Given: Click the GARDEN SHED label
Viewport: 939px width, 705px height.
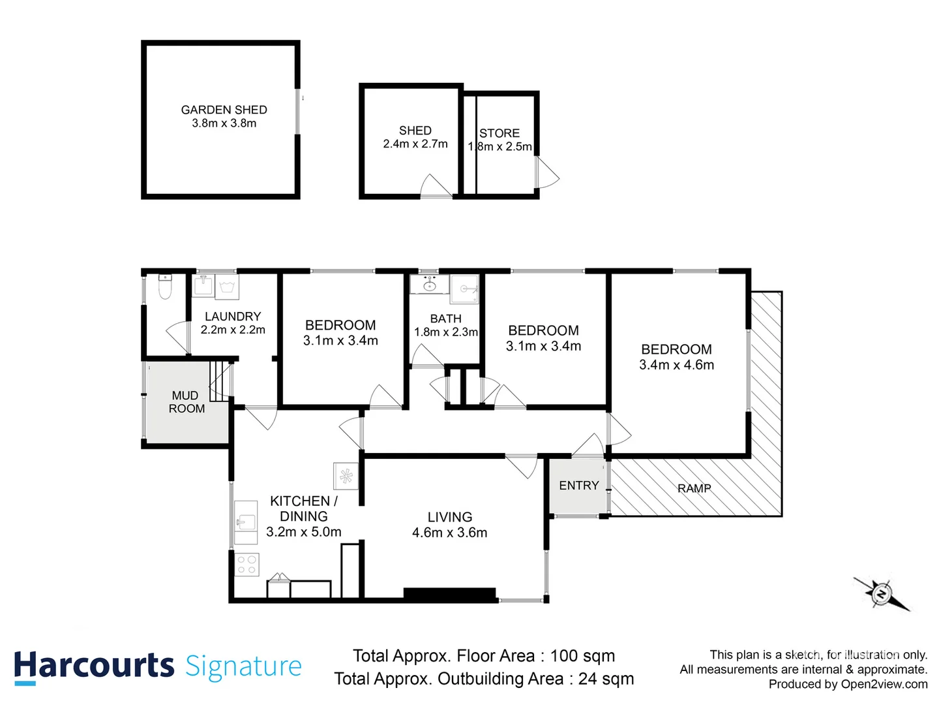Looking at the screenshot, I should click(224, 110).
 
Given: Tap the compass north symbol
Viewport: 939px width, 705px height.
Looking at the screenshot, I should click(881, 594).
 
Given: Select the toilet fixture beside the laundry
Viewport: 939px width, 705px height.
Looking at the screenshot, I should click(165, 287).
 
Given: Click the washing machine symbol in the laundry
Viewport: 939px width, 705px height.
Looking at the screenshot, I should click(227, 287).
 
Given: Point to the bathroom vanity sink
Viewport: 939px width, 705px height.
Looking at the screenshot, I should click(429, 285).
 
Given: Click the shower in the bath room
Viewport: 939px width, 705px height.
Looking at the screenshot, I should click(466, 289).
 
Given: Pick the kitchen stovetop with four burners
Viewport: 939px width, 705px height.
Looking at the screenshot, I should click(246, 565).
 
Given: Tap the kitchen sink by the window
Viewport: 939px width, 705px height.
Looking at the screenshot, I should click(246, 522).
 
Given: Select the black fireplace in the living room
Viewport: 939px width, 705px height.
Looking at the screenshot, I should click(449, 594).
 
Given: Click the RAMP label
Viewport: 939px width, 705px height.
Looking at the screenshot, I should click(694, 488).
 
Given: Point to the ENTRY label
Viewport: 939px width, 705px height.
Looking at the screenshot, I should click(578, 486).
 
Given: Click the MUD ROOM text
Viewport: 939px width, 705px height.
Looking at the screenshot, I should click(186, 402).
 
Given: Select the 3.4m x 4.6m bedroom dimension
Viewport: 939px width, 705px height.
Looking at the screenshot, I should click(676, 365).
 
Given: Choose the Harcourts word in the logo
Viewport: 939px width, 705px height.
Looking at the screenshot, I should click(94, 666).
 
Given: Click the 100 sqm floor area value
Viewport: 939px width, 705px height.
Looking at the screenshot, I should click(582, 656).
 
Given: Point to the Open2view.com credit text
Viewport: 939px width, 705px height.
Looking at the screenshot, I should click(884, 684).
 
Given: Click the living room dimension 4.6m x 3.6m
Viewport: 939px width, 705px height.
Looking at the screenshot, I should click(449, 533).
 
